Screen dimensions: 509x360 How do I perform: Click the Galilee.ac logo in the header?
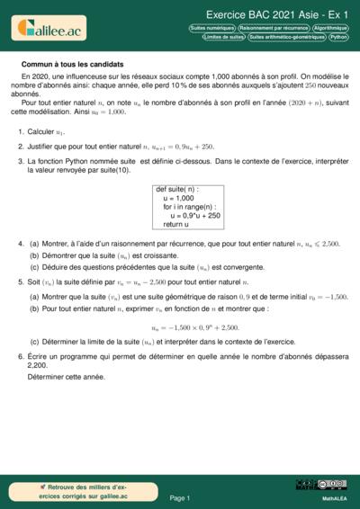tap(48, 30)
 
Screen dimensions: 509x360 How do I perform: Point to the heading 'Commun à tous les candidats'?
tap(73, 66)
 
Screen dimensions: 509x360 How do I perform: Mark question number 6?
tap(20, 356)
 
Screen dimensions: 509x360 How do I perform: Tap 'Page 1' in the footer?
tap(179, 496)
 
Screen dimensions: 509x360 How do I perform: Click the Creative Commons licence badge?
tap(320, 485)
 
